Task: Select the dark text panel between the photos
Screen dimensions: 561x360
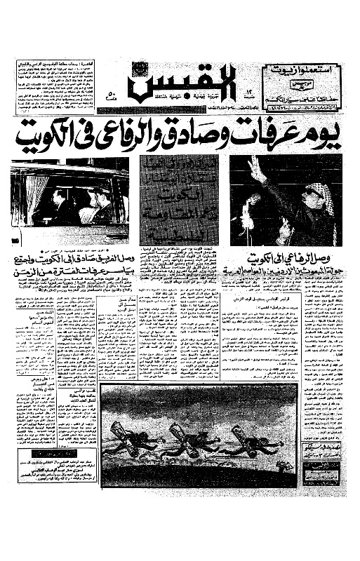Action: coord(178,199)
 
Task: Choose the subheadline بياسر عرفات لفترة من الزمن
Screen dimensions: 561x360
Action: coord(70,268)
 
